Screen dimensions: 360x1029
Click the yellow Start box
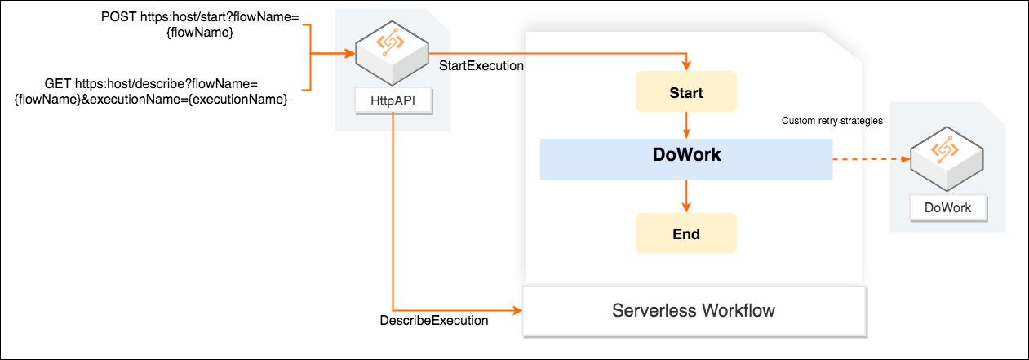tap(686, 91)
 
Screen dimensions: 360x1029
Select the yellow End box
tap(686, 233)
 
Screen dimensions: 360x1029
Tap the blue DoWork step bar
tap(686, 158)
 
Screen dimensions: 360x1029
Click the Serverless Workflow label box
tap(693, 311)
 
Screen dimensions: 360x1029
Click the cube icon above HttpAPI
tap(393, 55)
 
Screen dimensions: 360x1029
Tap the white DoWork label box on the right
tap(947, 207)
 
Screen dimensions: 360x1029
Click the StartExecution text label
tap(481, 64)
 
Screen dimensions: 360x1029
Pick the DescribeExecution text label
tap(434, 320)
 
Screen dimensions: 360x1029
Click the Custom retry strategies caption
tap(832, 121)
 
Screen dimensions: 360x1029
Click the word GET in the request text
tap(59, 83)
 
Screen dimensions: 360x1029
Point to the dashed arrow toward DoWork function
tap(870, 159)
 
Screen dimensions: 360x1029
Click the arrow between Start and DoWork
tap(686, 125)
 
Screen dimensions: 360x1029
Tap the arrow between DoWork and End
tap(686, 196)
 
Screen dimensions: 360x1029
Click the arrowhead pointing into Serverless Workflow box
tap(516, 310)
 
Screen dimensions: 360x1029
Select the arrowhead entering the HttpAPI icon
tap(350, 56)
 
